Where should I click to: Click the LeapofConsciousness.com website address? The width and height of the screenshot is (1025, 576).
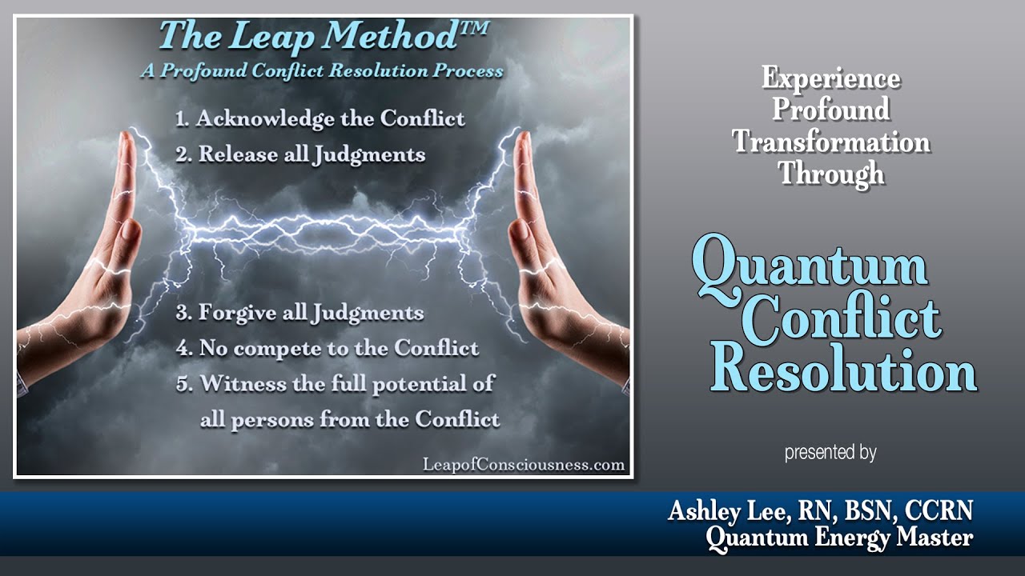pyautogui.click(x=522, y=465)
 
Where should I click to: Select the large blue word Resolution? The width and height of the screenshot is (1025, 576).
pyautogui.click(x=843, y=369)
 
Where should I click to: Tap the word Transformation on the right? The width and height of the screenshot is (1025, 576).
pyautogui.click(x=831, y=142)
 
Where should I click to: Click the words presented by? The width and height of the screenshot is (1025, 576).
pyautogui.click(x=830, y=453)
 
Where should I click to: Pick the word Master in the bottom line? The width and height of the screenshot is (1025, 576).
pyautogui.click(x=935, y=538)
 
